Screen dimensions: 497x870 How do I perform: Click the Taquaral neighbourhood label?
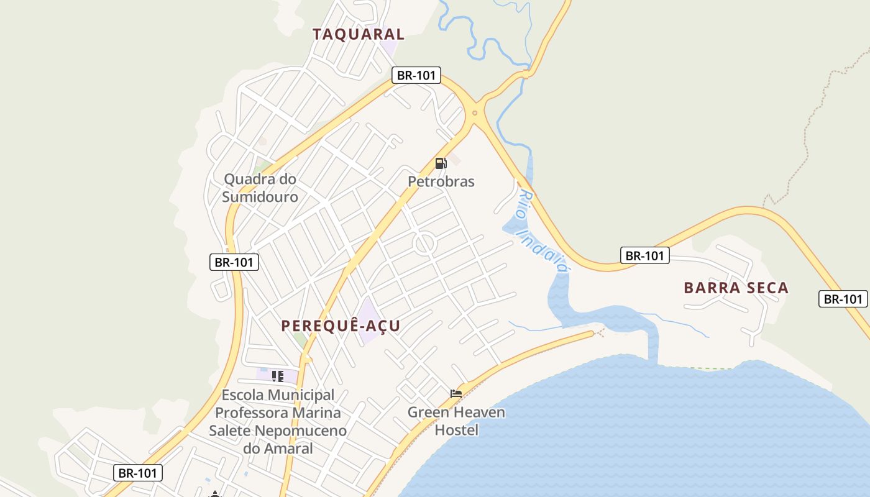pos(359,34)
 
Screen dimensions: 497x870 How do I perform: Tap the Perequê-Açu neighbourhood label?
pos(340,326)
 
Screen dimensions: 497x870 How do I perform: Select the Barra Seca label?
pos(736,288)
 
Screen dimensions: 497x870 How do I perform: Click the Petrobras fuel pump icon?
pos(441,163)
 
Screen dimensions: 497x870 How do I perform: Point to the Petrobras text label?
pos(441,181)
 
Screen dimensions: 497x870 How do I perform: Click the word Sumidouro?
pos(260,197)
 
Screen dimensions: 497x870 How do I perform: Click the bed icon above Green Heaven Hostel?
pos(456,393)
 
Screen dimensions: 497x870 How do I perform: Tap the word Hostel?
pos(457,429)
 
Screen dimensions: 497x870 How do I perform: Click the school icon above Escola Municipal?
pos(278,376)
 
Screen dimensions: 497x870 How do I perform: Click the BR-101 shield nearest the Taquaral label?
pos(416,76)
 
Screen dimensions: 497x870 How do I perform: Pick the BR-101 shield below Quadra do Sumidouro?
pos(234,262)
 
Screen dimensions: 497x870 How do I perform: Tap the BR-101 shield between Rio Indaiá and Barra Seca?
pos(644,255)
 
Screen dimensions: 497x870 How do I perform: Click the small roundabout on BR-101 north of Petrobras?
pos(475,113)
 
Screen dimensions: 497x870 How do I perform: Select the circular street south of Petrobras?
pos(425,244)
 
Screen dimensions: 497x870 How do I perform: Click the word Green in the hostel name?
pos(428,412)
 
